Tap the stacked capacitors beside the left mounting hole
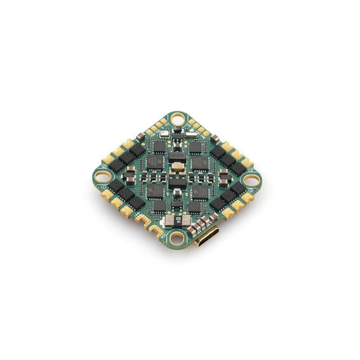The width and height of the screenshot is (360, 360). point(130,175)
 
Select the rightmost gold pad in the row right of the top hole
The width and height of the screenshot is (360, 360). point(207,133)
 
